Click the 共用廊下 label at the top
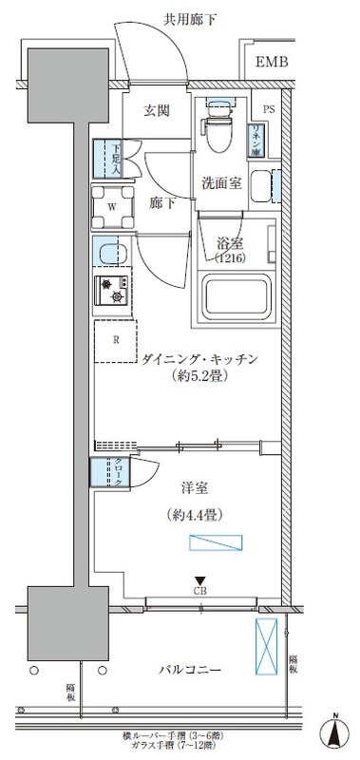(x=180, y=19)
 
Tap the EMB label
(x=272, y=64)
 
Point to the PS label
(x=268, y=108)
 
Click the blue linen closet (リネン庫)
(x=257, y=141)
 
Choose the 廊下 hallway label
(x=161, y=202)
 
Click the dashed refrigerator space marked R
(x=115, y=338)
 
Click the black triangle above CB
(x=199, y=580)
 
